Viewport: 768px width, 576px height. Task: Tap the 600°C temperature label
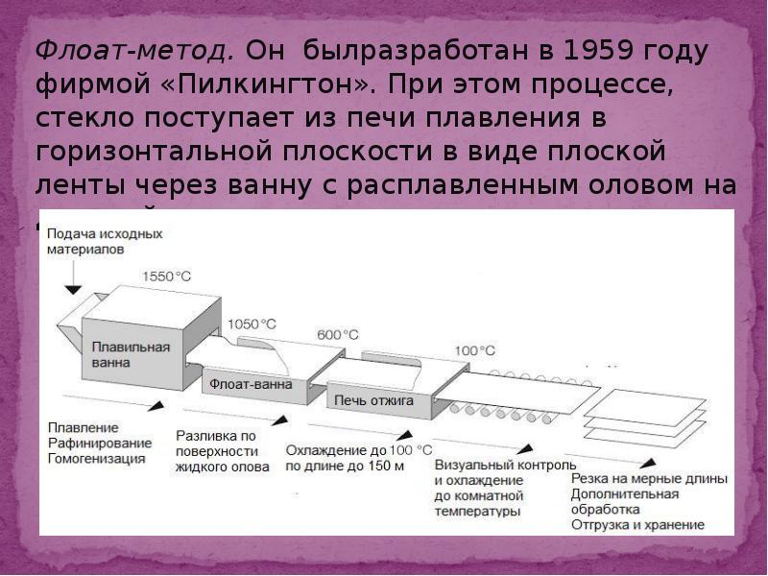click(337, 335)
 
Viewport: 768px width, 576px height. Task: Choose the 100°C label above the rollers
click(474, 350)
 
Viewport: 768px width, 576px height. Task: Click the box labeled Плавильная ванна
click(131, 354)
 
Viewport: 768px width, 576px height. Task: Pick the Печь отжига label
click(373, 401)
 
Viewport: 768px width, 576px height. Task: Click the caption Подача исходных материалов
click(104, 241)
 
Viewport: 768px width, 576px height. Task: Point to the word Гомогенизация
click(97, 459)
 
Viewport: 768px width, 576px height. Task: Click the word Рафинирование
click(100, 443)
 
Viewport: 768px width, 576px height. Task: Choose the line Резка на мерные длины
click(649, 478)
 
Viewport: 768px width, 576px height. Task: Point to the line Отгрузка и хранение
click(637, 525)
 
